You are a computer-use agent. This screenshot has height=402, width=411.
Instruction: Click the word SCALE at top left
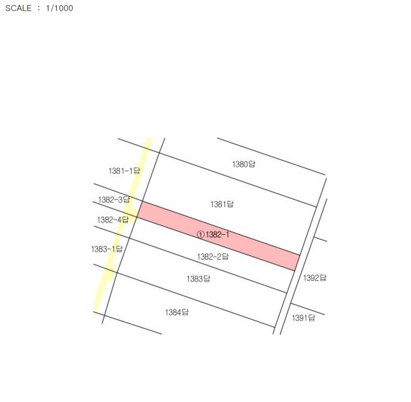tap(18, 8)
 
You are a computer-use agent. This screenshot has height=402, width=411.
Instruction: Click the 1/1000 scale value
tap(59, 8)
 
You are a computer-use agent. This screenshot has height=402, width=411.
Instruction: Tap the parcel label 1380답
tap(244, 164)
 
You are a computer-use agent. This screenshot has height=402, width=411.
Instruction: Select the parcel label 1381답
tap(222, 204)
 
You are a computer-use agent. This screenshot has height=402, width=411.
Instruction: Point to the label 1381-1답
tap(124, 171)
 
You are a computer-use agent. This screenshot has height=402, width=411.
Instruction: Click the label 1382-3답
tap(114, 200)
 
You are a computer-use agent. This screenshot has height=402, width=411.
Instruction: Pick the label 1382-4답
tap(113, 220)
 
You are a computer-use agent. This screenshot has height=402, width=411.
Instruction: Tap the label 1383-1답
tap(107, 249)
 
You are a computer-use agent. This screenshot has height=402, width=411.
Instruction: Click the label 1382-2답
tap(212, 256)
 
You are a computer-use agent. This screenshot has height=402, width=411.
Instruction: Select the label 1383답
tap(199, 279)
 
